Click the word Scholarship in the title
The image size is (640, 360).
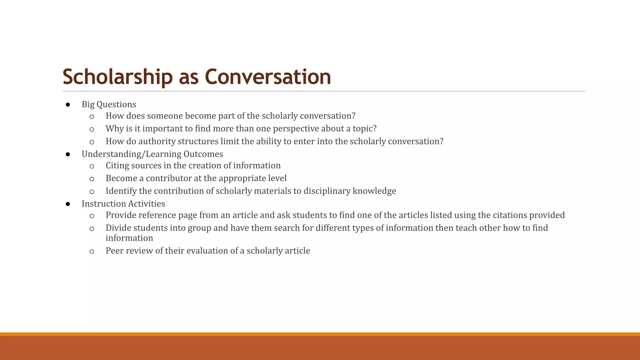click(117, 77)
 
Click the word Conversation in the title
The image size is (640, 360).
click(268, 77)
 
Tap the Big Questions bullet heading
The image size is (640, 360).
click(109, 104)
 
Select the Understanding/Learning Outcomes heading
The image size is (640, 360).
click(152, 154)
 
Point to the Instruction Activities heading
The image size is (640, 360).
click(123, 204)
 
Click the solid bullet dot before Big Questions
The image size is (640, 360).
click(68, 105)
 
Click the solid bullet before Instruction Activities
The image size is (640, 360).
click(68, 204)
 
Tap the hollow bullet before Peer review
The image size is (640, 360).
click(92, 251)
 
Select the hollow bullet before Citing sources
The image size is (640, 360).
click(92, 166)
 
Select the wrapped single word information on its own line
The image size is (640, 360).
click(129, 238)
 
